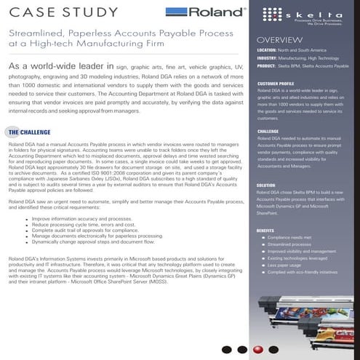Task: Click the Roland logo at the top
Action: pyautogui.click(x=192, y=12)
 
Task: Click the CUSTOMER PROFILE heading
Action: pyautogui.click(x=275, y=84)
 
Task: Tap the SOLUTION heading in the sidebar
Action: pyautogui.click(x=266, y=186)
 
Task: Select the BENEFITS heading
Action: pyautogui.click(x=265, y=231)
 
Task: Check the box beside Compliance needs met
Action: pyautogui.click(x=263, y=238)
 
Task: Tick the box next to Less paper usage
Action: pyautogui.click(x=263, y=265)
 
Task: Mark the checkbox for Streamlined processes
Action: pyautogui.click(x=263, y=244)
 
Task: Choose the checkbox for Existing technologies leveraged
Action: pyautogui.click(x=263, y=258)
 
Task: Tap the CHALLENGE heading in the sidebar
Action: pyautogui.click(x=268, y=132)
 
